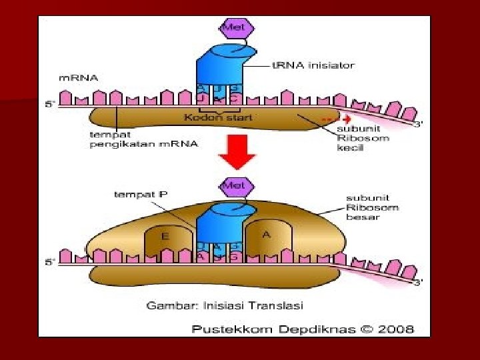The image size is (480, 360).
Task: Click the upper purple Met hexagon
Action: click(x=237, y=29)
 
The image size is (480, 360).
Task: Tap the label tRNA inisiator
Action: click(x=313, y=65)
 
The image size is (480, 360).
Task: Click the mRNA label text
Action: click(x=79, y=78)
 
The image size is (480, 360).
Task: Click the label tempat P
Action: click(x=139, y=194)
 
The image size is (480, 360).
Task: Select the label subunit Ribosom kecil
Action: click(x=359, y=137)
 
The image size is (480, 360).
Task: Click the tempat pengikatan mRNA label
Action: click(x=143, y=139)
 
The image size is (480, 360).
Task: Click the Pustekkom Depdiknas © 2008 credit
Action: click(x=303, y=329)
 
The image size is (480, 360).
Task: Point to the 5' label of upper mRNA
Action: click(x=49, y=105)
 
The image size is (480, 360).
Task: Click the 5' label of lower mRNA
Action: click(x=49, y=262)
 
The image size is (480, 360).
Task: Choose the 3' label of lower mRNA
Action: click(x=418, y=283)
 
